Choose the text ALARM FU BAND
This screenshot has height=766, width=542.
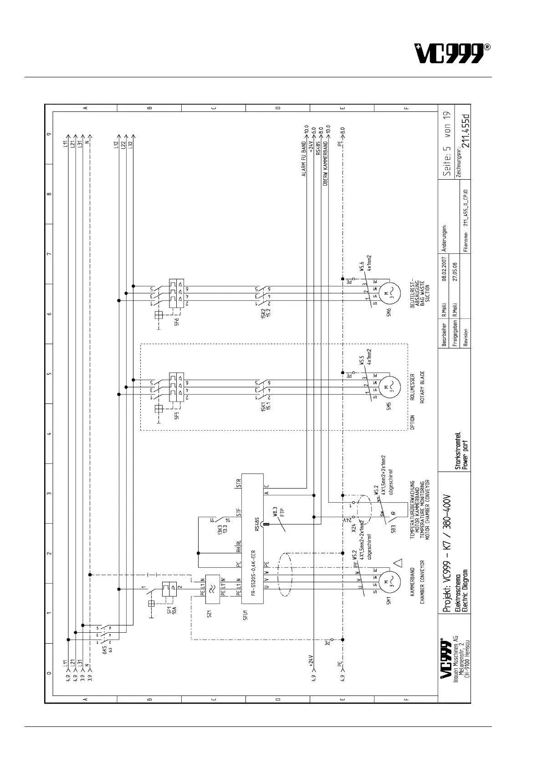coord(304,159)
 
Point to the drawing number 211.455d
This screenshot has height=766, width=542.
coord(465,131)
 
